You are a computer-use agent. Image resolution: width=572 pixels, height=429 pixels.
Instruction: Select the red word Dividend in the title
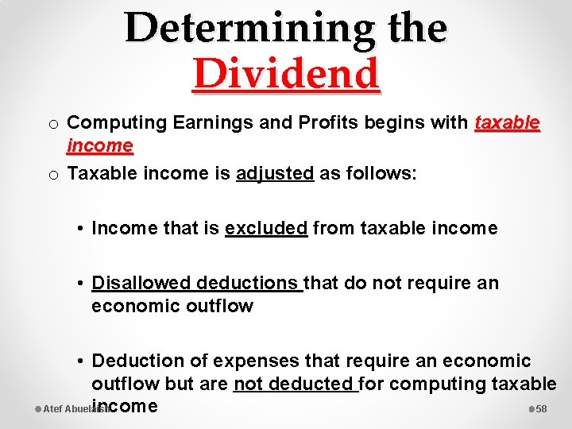[286, 75]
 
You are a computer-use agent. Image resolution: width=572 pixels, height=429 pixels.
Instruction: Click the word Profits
[321, 123]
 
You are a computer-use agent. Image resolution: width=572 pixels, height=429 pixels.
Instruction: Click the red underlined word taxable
[507, 123]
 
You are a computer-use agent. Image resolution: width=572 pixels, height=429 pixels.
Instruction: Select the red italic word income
[100, 145]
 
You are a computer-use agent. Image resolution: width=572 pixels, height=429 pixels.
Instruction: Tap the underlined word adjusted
[275, 173]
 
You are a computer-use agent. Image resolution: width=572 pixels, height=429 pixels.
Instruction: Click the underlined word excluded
[266, 229]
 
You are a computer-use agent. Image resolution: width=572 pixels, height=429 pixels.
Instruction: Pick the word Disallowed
[141, 283]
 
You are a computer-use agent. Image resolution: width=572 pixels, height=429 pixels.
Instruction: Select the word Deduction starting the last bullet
[137, 361]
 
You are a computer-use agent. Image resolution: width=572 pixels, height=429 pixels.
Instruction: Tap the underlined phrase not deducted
[295, 385]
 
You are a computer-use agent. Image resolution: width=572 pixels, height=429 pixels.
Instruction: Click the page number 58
[542, 409]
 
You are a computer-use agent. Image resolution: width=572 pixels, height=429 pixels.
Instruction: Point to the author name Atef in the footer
[52, 409]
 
